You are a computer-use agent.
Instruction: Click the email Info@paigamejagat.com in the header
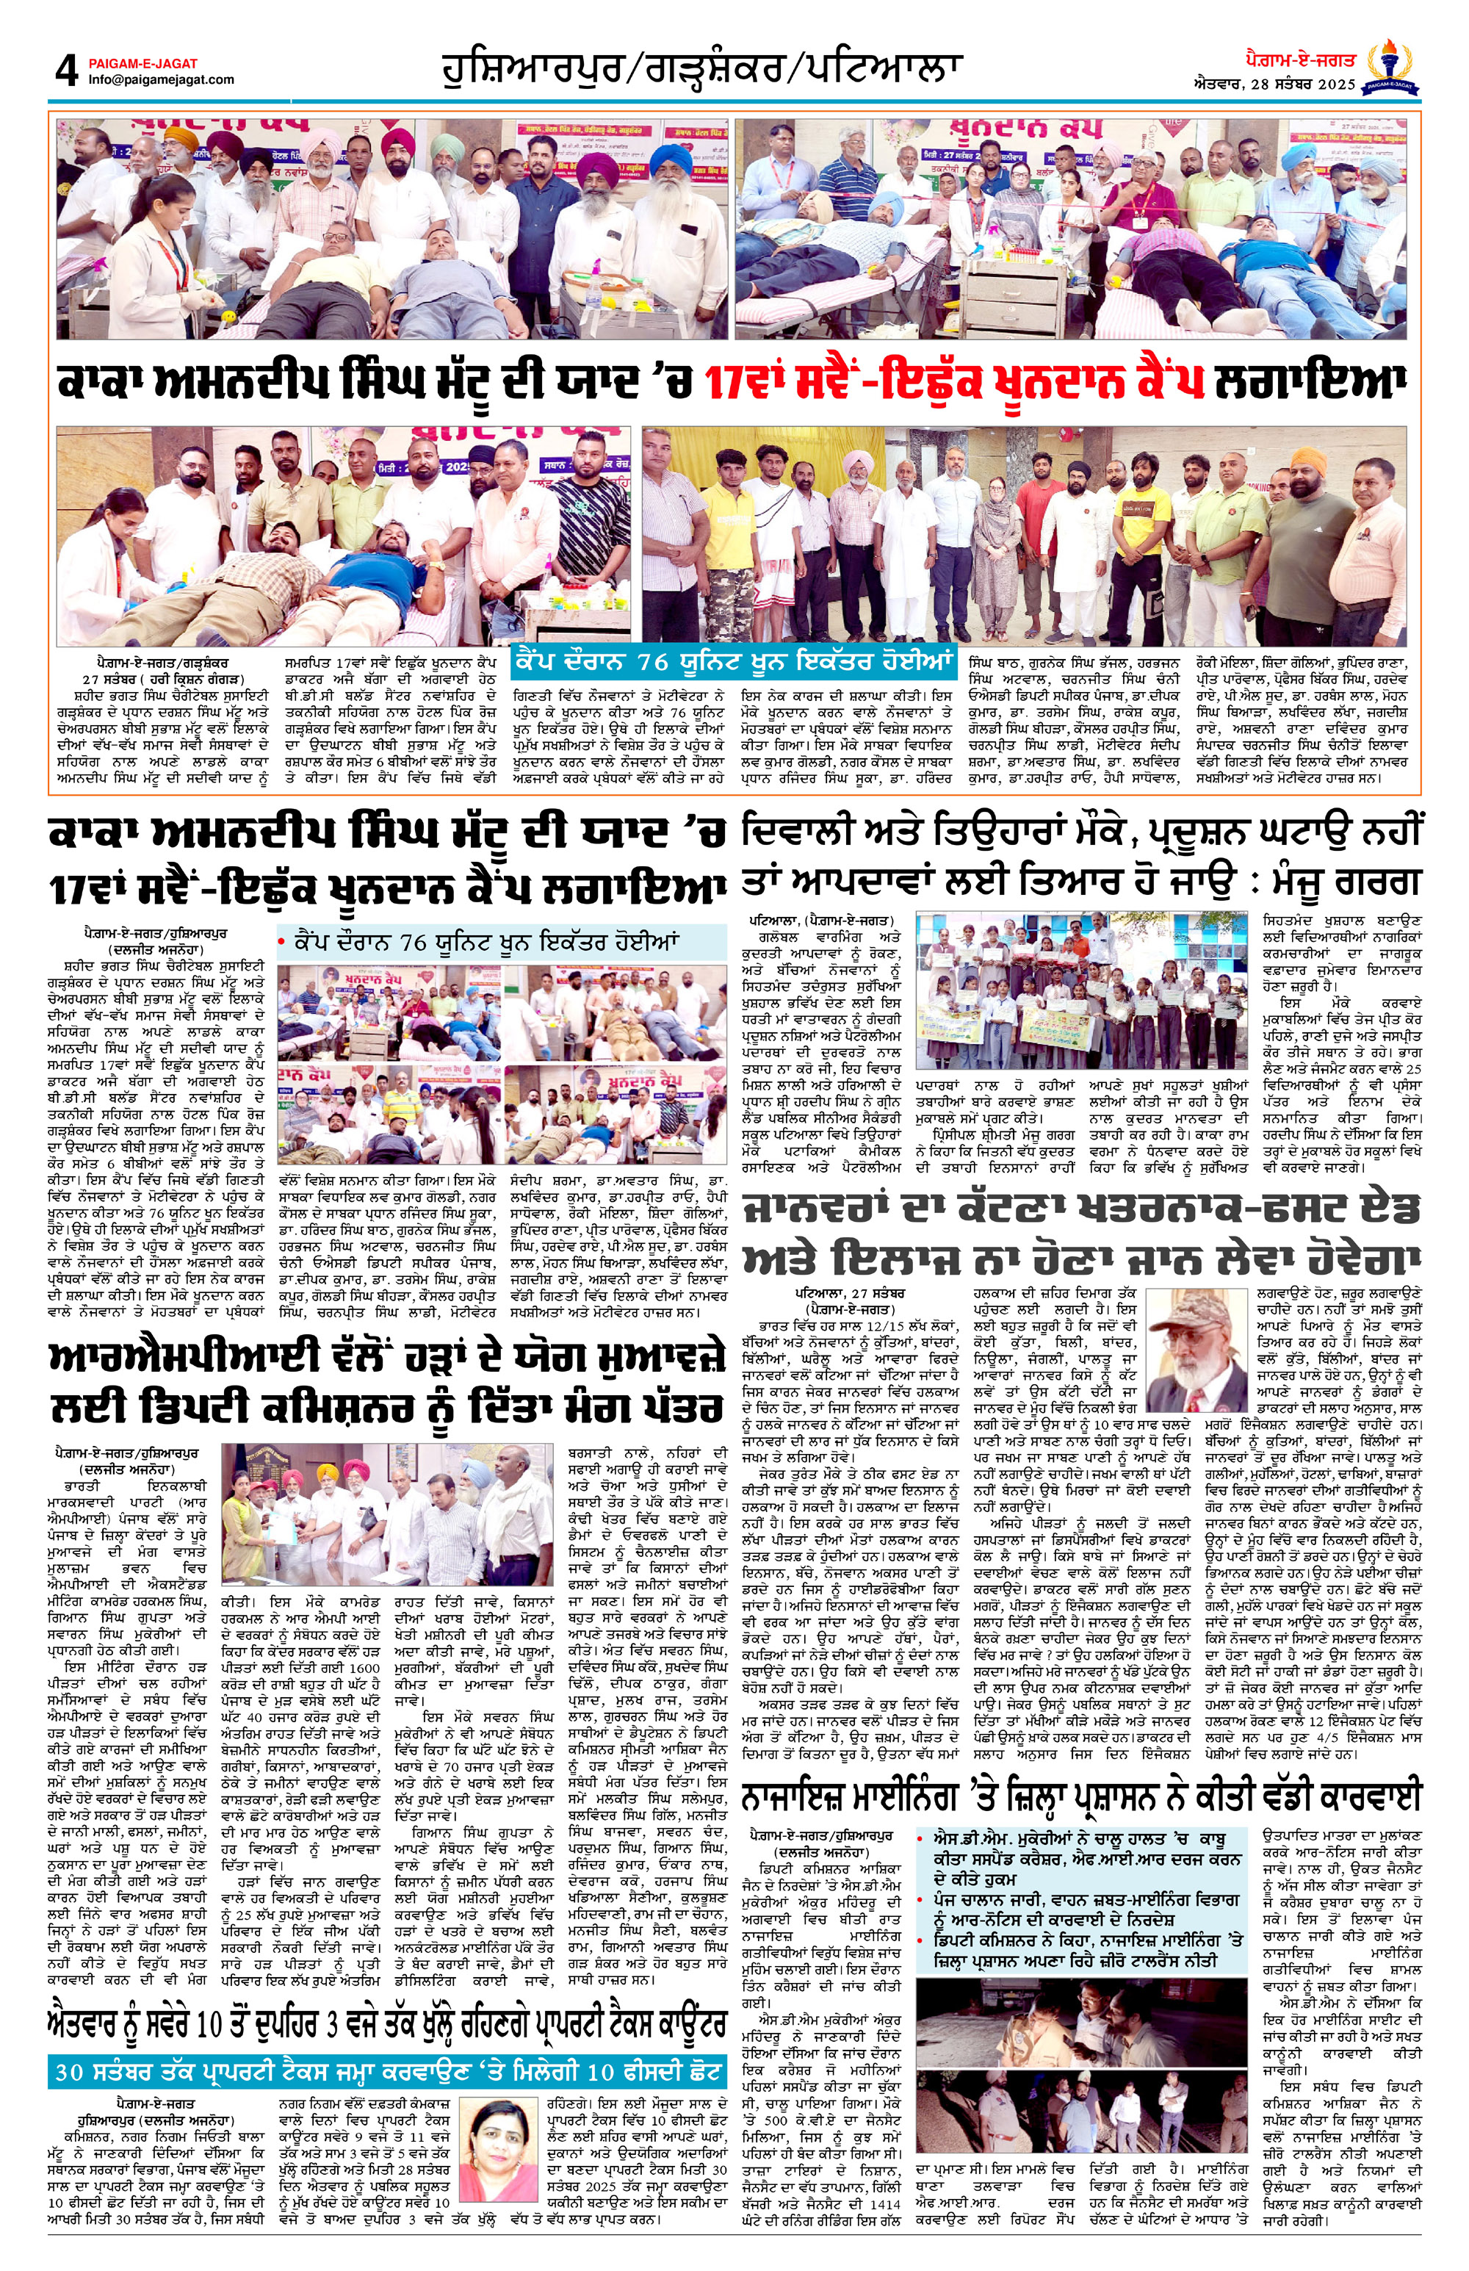(x=160, y=80)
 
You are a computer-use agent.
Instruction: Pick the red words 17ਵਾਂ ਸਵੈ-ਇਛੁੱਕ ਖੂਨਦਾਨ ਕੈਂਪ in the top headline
(x=954, y=384)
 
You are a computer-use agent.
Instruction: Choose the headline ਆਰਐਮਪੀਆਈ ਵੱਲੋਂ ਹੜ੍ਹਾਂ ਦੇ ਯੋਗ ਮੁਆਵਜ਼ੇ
(x=386, y=1383)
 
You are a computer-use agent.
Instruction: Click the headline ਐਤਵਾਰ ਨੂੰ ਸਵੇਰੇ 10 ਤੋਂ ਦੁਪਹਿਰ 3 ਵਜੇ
(x=386, y=2021)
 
